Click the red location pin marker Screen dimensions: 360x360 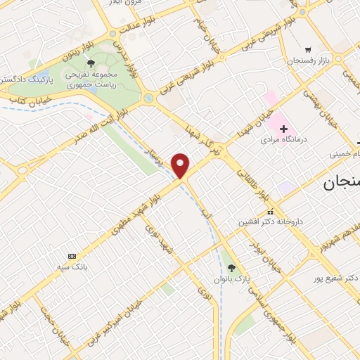(x=182, y=165)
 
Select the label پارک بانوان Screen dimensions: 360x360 (x=232, y=278)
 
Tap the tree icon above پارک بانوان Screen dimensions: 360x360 (x=231, y=267)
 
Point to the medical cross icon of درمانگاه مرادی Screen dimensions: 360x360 (x=283, y=129)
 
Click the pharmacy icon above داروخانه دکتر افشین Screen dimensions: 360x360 (x=269, y=212)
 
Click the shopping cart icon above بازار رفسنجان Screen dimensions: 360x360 (x=308, y=51)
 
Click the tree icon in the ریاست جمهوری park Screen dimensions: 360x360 (x=91, y=63)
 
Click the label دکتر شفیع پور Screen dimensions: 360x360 (x=333, y=277)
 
